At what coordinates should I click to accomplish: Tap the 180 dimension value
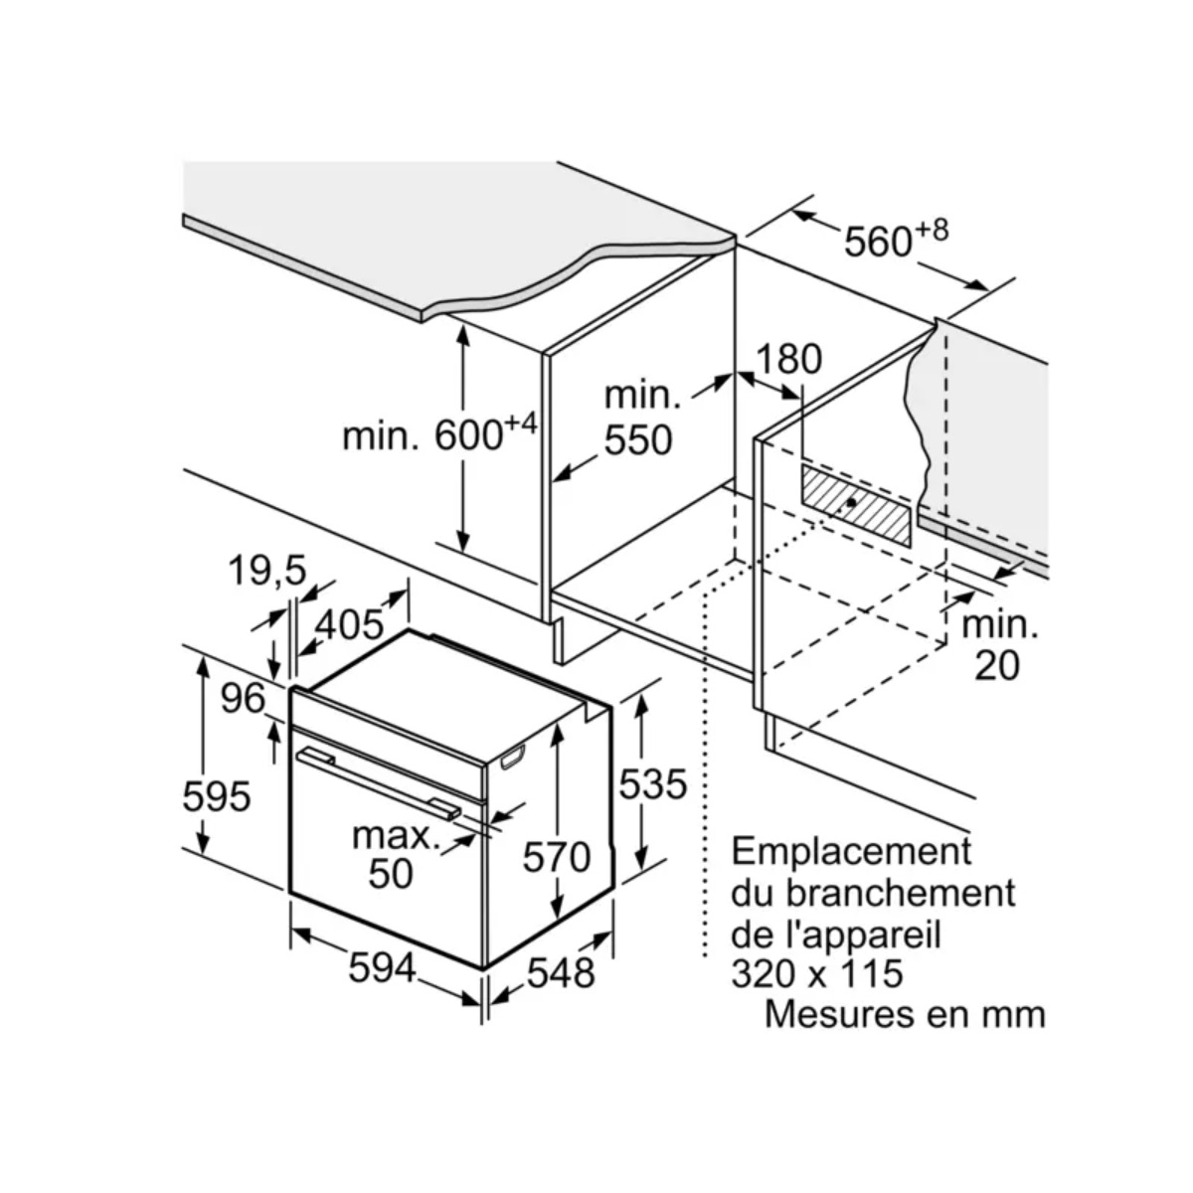(789, 359)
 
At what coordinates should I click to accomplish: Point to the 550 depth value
(638, 438)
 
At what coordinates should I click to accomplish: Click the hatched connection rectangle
(856, 504)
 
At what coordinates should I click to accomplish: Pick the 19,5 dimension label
(266, 571)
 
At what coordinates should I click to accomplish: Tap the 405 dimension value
(349, 624)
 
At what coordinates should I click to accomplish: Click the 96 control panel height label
(243, 699)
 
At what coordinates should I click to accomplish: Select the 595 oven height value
(216, 795)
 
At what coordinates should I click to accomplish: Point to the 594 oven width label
(381, 967)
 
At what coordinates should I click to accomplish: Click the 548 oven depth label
(560, 971)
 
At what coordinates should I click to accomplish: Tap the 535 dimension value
(653, 784)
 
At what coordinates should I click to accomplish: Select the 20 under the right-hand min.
(997, 665)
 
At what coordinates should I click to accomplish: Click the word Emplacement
(851, 851)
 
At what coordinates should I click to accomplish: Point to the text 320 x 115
(817, 972)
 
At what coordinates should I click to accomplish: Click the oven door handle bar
(378, 780)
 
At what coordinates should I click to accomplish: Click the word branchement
(901, 892)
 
